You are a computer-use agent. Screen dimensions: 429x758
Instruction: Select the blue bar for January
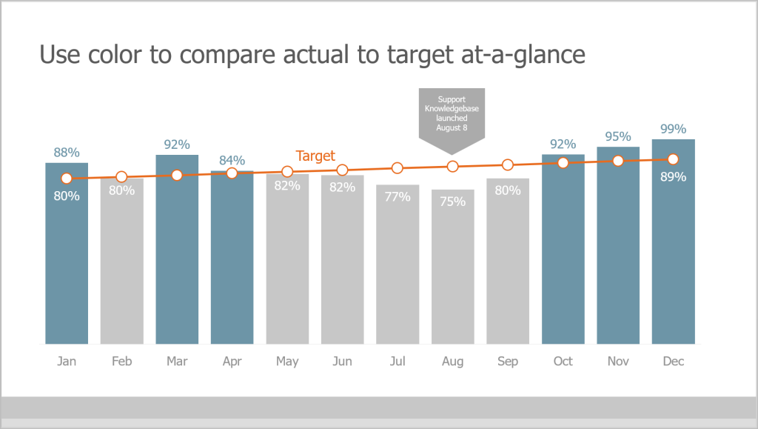pos(67,259)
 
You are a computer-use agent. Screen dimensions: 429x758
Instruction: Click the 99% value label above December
pos(673,129)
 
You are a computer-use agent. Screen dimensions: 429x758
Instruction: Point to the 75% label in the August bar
pos(453,201)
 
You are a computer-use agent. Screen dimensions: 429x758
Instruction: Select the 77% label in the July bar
pos(398,196)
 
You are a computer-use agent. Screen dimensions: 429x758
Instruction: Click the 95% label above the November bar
pos(618,136)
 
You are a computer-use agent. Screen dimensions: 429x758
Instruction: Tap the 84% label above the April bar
pos(232,161)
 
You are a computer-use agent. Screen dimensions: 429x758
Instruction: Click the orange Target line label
pos(315,156)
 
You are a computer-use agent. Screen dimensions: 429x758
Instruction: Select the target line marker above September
pos(508,164)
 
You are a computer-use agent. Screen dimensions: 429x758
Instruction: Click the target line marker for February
pos(121,177)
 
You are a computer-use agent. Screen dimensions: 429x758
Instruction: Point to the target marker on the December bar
pos(673,159)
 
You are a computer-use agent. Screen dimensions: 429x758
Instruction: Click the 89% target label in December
pos(673,177)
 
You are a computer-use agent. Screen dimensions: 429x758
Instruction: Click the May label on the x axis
pos(287,362)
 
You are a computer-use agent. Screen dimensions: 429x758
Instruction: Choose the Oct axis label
pos(563,362)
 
